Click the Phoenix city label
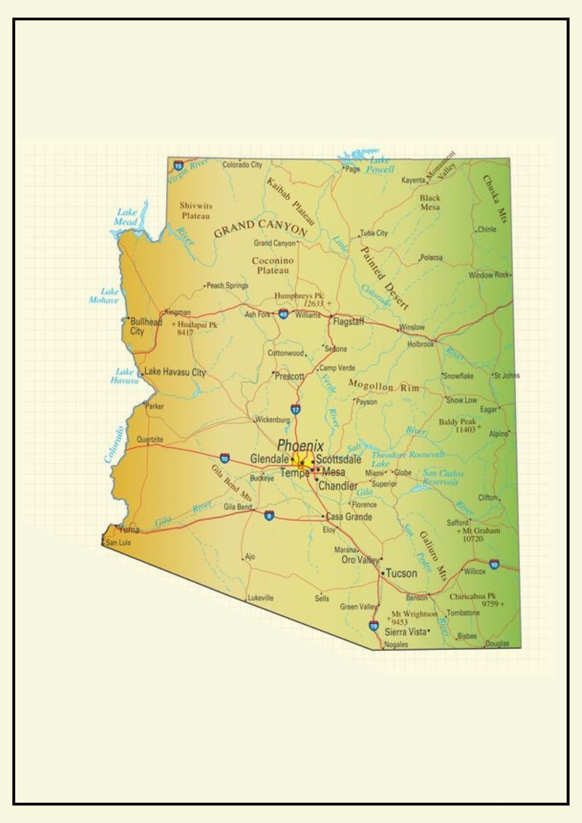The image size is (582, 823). click(300, 445)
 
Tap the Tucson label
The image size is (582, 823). click(401, 573)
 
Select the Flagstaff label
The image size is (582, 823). click(348, 321)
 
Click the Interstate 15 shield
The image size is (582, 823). click(178, 166)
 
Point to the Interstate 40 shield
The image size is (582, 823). click(283, 314)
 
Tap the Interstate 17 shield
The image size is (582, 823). click(295, 409)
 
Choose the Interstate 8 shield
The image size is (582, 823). click(269, 515)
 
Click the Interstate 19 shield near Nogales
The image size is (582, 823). click(373, 626)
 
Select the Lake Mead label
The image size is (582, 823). click(126, 217)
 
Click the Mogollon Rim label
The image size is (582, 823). click(384, 386)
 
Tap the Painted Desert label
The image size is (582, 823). click(384, 278)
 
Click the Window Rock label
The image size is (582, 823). click(489, 275)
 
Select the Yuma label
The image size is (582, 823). click(129, 530)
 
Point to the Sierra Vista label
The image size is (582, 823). click(405, 632)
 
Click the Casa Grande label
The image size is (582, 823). click(349, 517)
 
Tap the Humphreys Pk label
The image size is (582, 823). click(299, 295)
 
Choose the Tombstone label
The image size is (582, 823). click(463, 613)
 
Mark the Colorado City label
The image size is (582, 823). click(242, 165)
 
